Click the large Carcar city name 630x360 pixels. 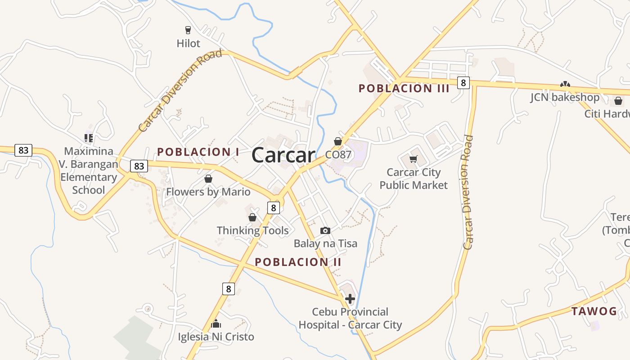[x=283, y=156]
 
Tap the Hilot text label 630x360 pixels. [x=188, y=44]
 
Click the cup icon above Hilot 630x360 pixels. [x=188, y=30]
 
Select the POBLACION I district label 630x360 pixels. [x=198, y=152]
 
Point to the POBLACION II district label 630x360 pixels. [x=298, y=262]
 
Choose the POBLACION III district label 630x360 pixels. [x=404, y=89]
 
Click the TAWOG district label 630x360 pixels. [x=594, y=311]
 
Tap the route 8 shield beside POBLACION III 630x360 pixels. [x=463, y=83]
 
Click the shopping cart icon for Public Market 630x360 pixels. [x=414, y=159]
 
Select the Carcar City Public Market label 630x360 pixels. [x=414, y=179]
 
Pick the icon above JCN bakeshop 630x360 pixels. [x=565, y=84]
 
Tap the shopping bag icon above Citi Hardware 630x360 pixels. [x=618, y=101]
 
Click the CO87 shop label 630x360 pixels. [x=338, y=155]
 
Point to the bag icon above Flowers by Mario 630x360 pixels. [x=208, y=179]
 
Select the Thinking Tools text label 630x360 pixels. [x=252, y=230]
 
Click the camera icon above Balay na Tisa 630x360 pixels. [x=325, y=230]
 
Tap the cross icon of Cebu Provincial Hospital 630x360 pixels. [x=350, y=298]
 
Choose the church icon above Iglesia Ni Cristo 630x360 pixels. [x=216, y=324]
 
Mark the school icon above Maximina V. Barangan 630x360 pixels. [x=89, y=138]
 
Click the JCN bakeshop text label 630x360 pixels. [x=564, y=98]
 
